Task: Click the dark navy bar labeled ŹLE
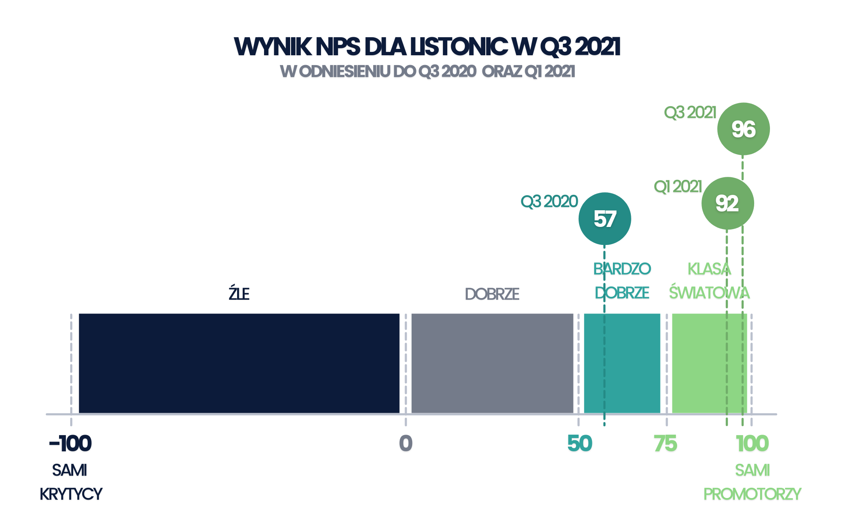click(239, 363)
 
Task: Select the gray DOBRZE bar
click(492, 363)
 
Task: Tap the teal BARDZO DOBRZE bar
click(622, 363)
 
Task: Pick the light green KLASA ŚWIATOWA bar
click(710, 363)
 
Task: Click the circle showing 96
click(743, 129)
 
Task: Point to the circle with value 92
click(728, 203)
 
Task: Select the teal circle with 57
click(605, 219)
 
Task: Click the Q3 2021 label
click(690, 113)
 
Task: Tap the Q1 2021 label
click(678, 187)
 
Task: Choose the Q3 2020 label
click(549, 202)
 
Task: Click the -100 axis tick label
click(70, 444)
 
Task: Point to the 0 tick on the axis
click(406, 444)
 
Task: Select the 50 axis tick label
click(580, 444)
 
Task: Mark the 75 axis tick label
click(666, 444)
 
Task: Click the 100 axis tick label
click(752, 444)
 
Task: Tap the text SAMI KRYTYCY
click(71, 482)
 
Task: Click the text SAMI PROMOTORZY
click(752, 482)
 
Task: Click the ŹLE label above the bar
click(239, 293)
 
